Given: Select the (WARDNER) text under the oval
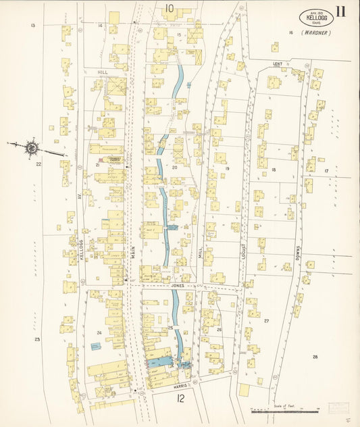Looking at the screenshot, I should tap(316, 32).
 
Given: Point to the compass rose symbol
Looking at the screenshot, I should tap(32, 146).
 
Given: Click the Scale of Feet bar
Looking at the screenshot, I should tap(284, 409).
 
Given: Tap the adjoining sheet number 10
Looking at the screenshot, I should tap(169, 8).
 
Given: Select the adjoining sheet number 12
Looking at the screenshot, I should tap(180, 399).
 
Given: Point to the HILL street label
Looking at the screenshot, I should tap(103, 72).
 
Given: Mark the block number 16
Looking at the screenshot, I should tap(290, 32).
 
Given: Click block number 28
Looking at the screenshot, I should tap(315, 356).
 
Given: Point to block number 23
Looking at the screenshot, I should tap(38, 339).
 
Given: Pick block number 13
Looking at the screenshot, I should tap(32, 25).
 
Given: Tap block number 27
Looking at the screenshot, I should tap(266, 321).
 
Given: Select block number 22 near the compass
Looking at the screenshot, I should tap(38, 164).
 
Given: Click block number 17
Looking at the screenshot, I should tap(326, 171).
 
